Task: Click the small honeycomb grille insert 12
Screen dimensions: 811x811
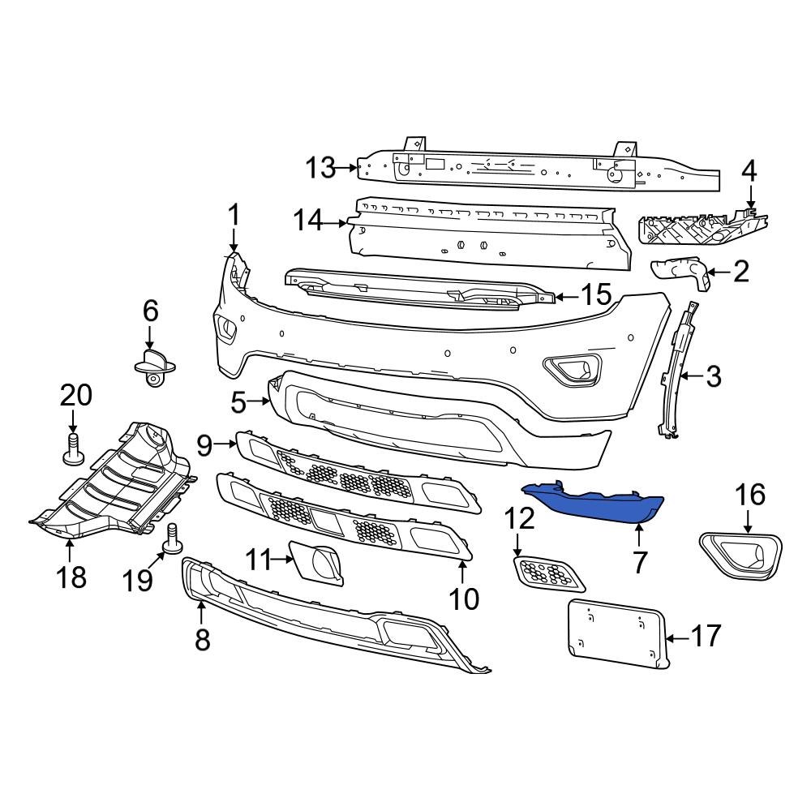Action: pyautogui.click(x=550, y=573)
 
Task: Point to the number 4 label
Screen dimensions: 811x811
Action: pyautogui.click(x=749, y=171)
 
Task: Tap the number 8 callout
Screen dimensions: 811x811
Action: pyautogui.click(x=202, y=639)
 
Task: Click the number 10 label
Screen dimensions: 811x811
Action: pyautogui.click(x=466, y=599)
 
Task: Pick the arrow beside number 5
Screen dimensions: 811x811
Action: pyautogui.click(x=259, y=401)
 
